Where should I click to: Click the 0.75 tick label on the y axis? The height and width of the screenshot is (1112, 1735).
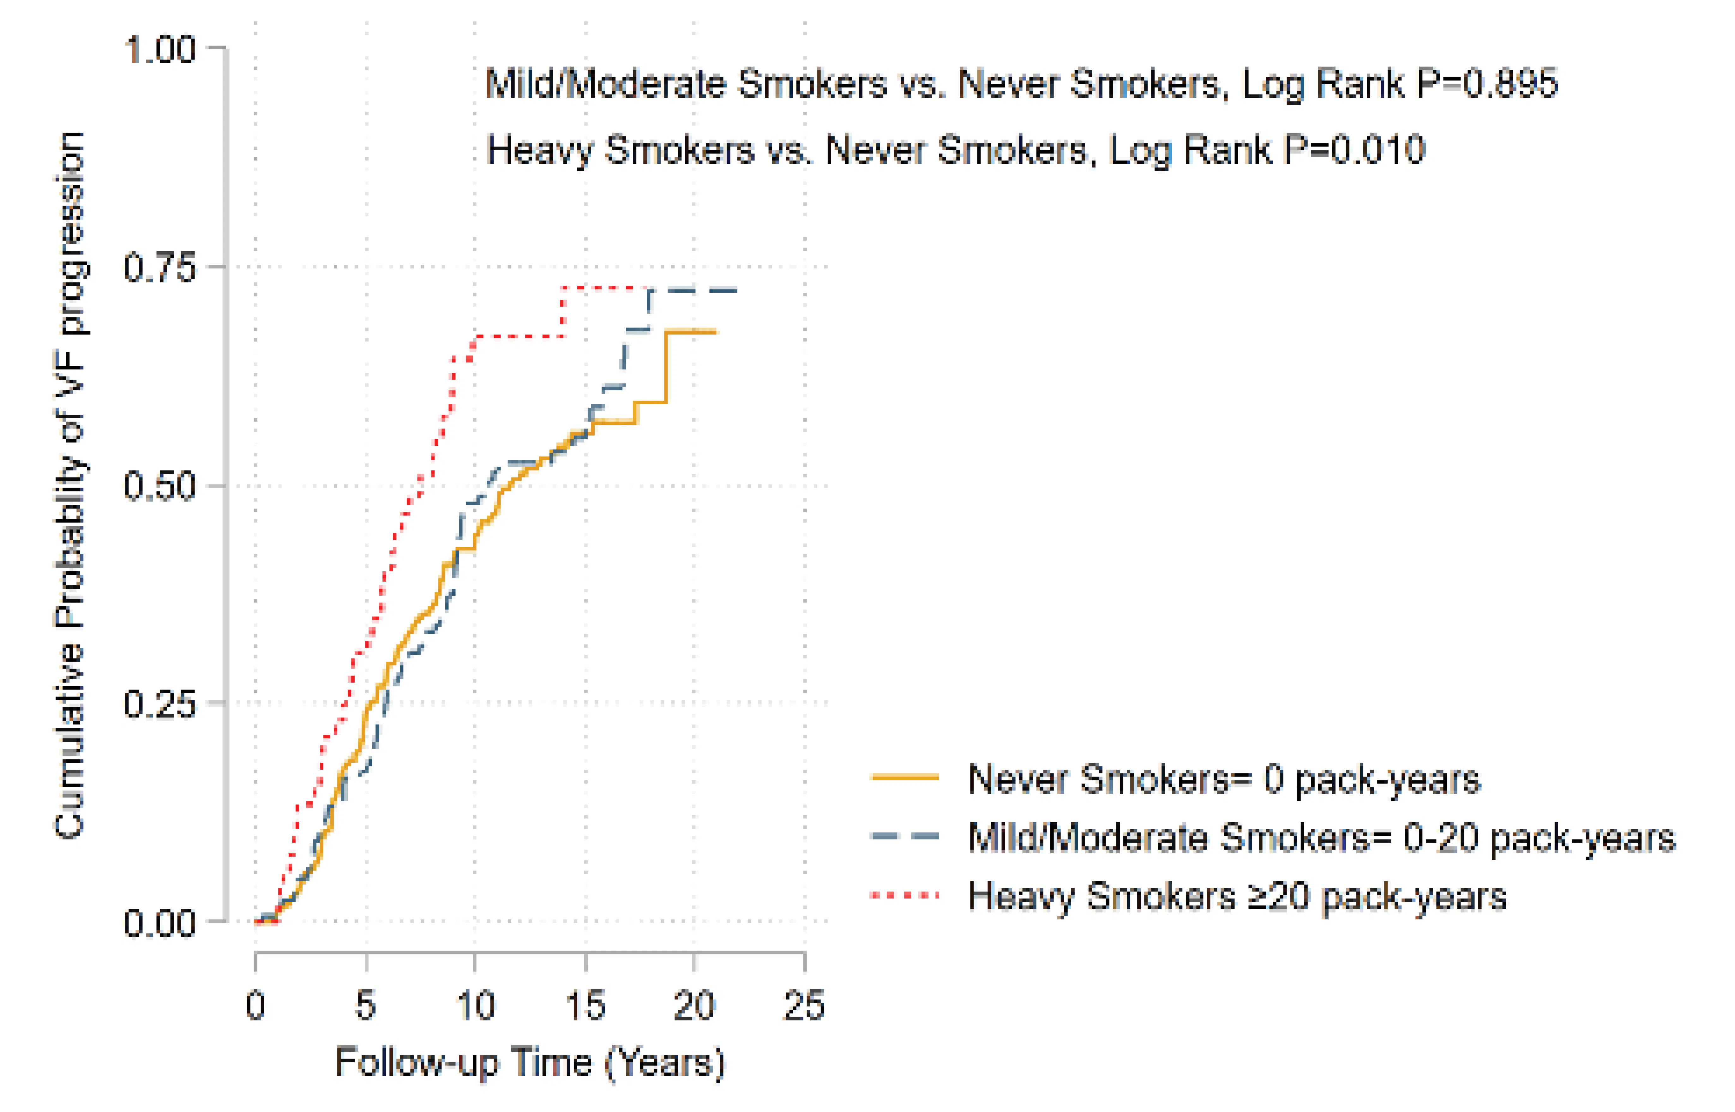click(x=159, y=268)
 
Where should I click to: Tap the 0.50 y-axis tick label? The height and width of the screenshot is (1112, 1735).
click(x=159, y=486)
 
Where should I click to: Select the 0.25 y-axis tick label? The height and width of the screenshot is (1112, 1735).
click(x=159, y=703)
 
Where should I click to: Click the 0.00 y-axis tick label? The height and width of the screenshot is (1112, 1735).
click(x=159, y=922)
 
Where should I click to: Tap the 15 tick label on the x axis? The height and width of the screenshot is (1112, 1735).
click(x=585, y=1005)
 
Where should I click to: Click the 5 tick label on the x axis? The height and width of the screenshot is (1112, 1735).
click(x=366, y=1005)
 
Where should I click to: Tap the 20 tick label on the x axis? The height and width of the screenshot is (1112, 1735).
click(x=694, y=1005)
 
